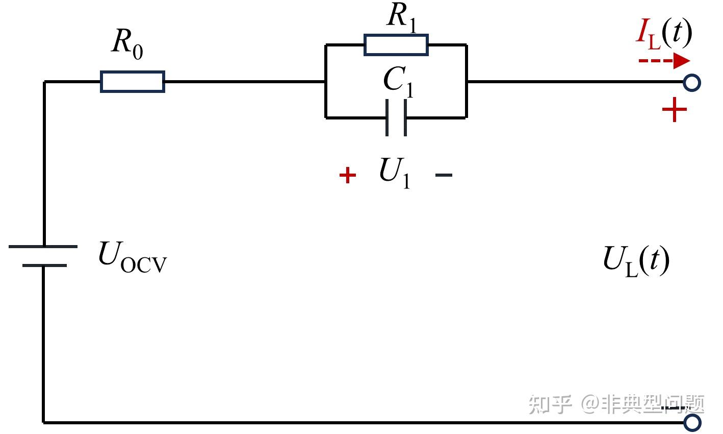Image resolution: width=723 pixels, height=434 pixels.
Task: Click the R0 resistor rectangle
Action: pyautogui.click(x=133, y=82)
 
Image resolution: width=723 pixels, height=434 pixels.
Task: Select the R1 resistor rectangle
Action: pyautogui.click(x=396, y=45)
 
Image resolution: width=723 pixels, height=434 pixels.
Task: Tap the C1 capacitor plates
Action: pyautogui.click(x=396, y=117)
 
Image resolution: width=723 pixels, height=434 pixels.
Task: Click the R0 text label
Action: pyautogui.click(x=127, y=44)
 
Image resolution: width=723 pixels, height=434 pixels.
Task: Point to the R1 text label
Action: pyautogui.click(x=402, y=17)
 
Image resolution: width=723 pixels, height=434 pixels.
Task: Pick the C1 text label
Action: pyautogui.click(x=399, y=81)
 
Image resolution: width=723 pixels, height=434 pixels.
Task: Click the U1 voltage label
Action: pyautogui.click(x=395, y=173)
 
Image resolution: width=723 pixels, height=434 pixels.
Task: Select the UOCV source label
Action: pyautogui.click(x=133, y=257)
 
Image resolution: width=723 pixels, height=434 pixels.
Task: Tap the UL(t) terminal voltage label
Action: pyautogui.click(x=636, y=261)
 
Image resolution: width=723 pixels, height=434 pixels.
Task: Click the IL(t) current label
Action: pyautogui.click(x=664, y=34)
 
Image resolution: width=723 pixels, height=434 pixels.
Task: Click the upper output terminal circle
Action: pyautogui.click(x=692, y=83)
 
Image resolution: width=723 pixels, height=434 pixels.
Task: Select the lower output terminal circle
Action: pyautogui.click(x=692, y=423)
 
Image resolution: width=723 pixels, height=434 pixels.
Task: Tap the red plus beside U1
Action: pyautogui.click(x=348, y=175)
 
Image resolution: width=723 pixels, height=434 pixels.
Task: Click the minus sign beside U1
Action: pyautogui.click(x=444, y=175)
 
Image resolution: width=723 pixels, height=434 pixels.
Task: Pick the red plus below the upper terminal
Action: pyautogui.click(x=675, y=110)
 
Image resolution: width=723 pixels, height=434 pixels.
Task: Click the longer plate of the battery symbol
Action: pyautogui.click(x=43, y=247)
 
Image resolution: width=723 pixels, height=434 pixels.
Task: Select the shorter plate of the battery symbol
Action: pyautogui.click(x=44, y=266)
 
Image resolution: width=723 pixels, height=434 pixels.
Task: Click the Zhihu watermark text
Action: pyautogui.click(x=616, y=404)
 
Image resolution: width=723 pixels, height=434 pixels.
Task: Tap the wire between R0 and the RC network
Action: pyautogui.click(x=245, y=82)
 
